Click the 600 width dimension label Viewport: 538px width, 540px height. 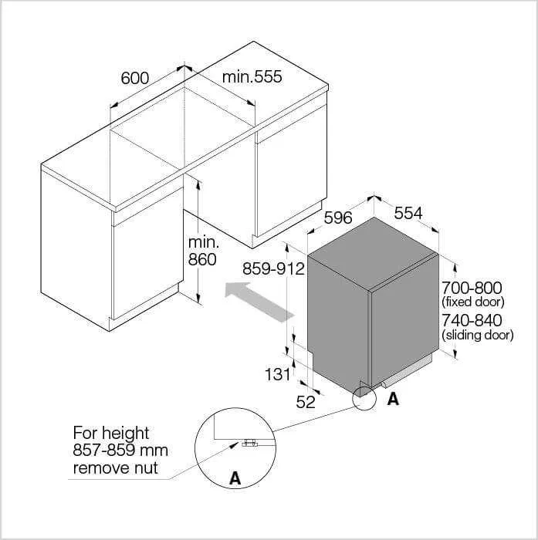pos(135,78)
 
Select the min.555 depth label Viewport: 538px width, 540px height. pos(252,76)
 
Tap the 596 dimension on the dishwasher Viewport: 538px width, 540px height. pos(338,218)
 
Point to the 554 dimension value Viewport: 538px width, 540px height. pos(408,213)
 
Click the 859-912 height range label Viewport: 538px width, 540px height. pos(274,268)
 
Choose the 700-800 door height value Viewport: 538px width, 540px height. pos(472,288)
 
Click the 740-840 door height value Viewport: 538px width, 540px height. pos(472,320)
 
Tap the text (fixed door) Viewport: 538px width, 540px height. pos(473,302)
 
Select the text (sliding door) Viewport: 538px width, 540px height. pos(477,334)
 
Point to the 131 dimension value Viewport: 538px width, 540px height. pos(278,374)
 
